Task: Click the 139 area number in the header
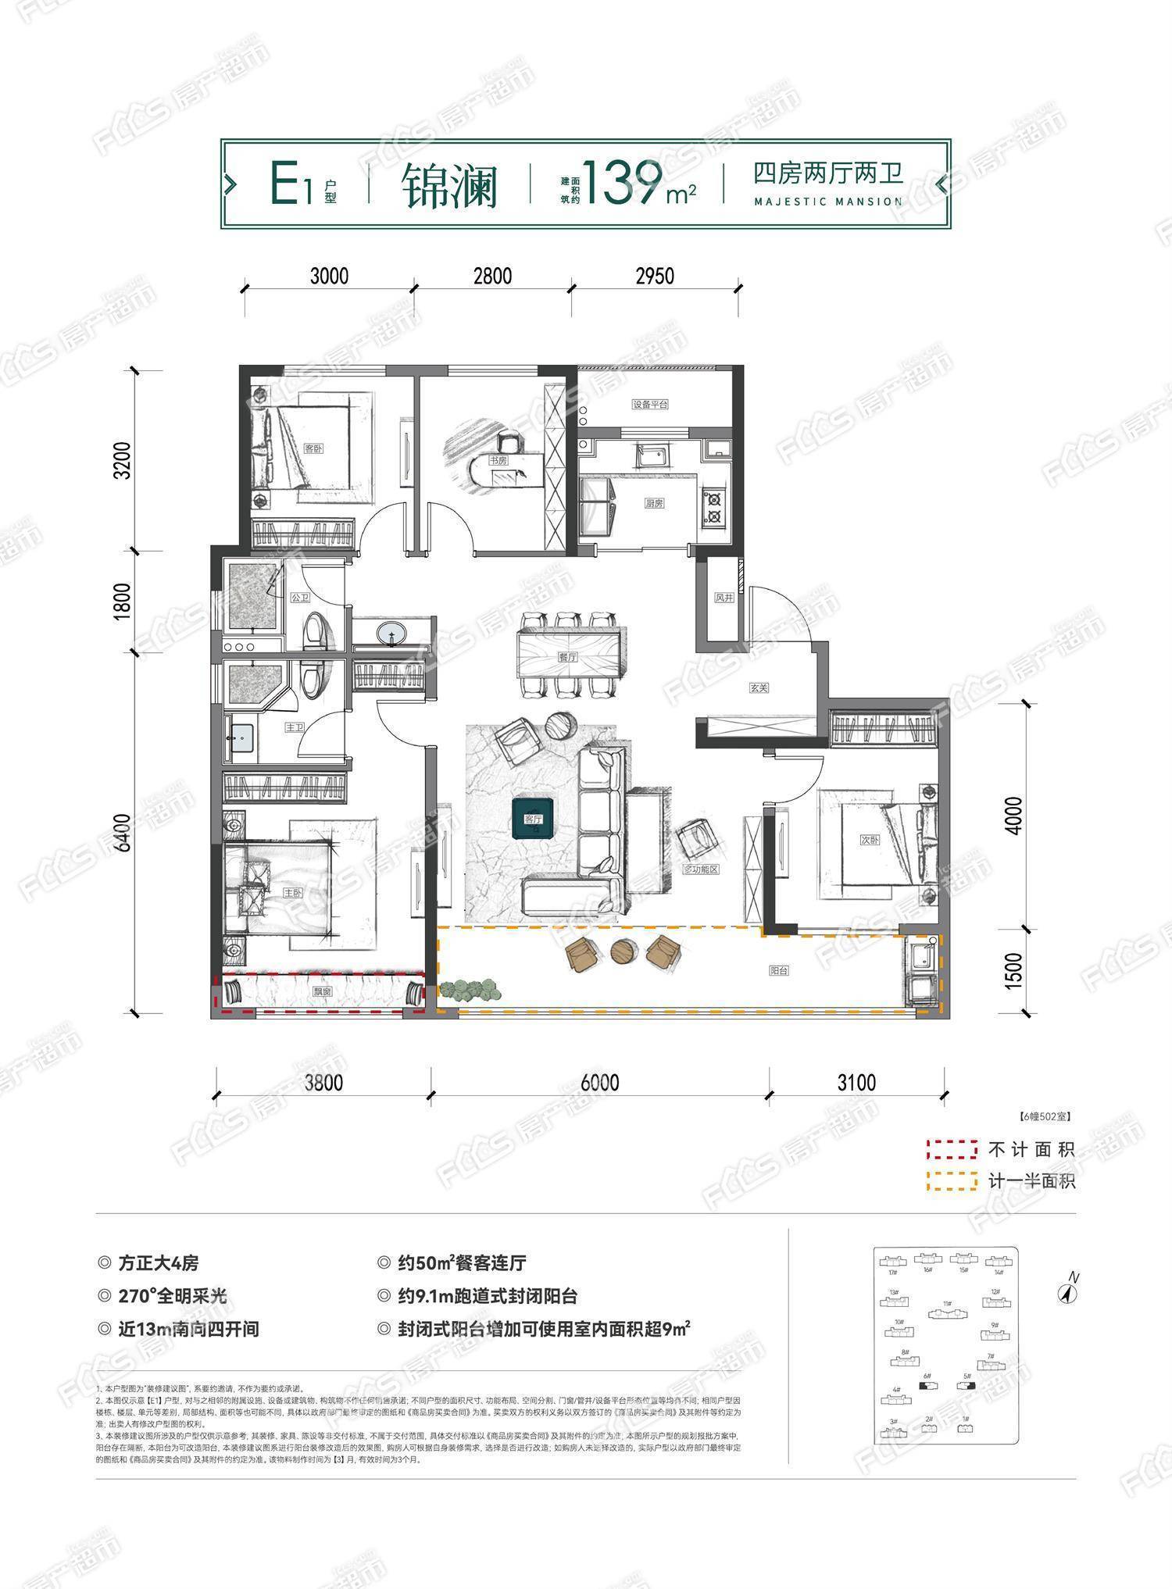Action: click(x=622, y=184)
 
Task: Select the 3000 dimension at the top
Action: click(x=329, y=277)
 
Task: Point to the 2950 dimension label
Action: click(x=655, y=277)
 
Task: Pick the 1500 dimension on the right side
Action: click(x=1013, y=970)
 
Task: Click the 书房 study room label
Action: click(x=498, y=460)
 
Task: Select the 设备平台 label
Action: click(x=650, y=405)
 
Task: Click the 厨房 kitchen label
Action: click(x=654, y=504)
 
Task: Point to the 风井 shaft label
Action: click(x=724, y=598)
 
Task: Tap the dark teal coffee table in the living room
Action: click(x=533, y=819)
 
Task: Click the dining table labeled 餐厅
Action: click(x=568, y=656)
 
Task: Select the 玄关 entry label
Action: click(x=759, y=688)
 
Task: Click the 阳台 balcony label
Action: click(x=778, y=970)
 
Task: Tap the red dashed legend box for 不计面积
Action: click(x=952, y=1149)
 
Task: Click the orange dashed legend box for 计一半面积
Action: click(x=952, y=1180)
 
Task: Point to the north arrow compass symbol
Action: click(x=1066, y=1293)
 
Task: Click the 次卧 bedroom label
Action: click(x=869, y=841)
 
